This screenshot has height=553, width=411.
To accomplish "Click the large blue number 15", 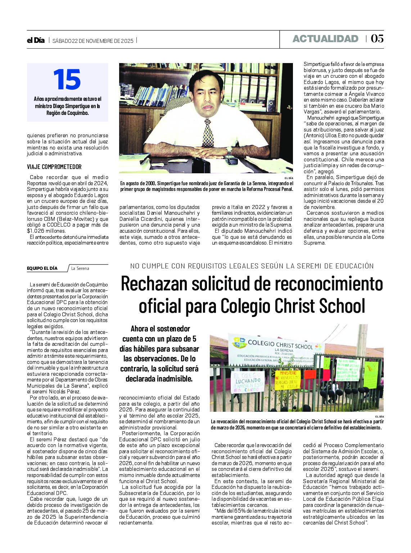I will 67,80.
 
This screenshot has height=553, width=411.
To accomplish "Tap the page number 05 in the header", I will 377,39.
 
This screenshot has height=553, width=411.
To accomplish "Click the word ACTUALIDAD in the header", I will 325,39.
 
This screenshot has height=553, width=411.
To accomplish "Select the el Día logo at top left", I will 36,40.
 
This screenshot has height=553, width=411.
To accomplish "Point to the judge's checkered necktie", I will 208,133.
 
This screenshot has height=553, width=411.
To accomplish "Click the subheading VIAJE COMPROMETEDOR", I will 54,167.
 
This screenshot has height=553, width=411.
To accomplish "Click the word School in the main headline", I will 337,306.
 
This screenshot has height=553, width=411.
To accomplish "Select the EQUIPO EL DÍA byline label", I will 42,268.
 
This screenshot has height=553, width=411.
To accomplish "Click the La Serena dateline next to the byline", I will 80,268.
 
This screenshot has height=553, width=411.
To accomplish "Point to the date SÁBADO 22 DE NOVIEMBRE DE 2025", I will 93,41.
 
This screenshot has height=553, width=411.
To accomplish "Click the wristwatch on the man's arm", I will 229,150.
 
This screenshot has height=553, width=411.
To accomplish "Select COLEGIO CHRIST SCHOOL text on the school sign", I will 280,345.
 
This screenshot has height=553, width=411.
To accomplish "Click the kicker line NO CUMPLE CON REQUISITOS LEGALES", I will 252,266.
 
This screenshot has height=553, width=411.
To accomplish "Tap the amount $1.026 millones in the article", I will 46,231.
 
